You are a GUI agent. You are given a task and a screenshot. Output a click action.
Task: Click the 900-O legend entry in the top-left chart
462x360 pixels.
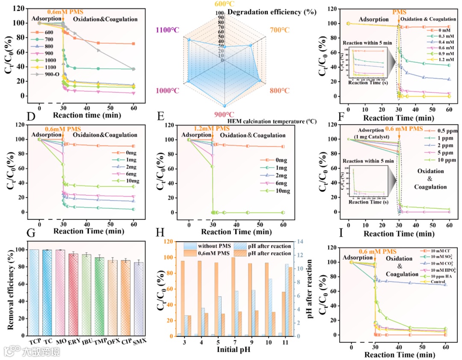(x=48, y=80)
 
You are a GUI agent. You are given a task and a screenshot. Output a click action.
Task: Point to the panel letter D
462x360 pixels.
(x=30, y=115)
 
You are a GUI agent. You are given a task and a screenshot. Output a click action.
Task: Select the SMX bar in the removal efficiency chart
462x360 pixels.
(x=139, y=299)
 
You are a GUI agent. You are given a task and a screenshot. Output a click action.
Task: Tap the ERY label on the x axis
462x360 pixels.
(x=73, y=343)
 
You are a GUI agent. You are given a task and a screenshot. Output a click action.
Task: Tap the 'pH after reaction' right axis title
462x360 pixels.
(x=309, y=289)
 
